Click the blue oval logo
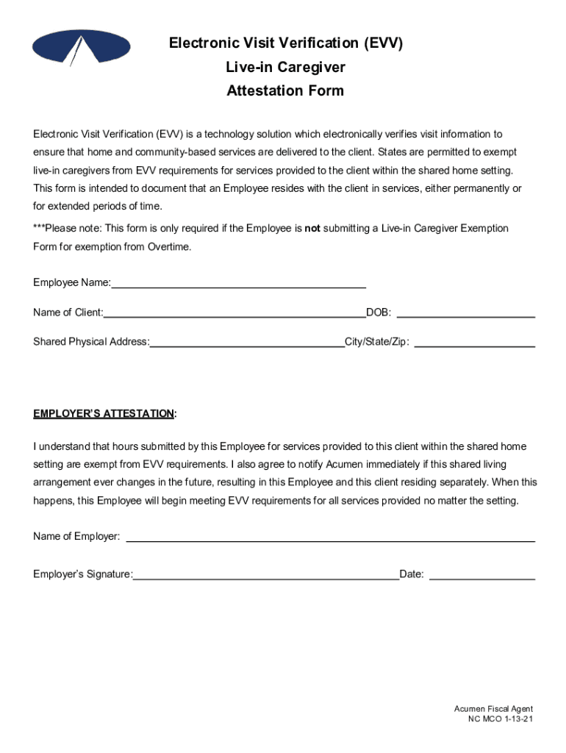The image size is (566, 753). coord(81,46)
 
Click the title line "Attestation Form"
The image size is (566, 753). coord(285,91)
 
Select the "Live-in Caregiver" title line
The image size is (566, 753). coord(285,68)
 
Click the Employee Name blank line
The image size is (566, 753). coord(238,283)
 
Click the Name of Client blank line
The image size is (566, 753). coord(234,313)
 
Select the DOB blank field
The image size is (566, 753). coord(465,313)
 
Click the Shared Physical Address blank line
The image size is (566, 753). coord(247,343)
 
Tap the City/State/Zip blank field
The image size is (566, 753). coord(475,343)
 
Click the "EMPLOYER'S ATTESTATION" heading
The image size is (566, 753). coord(104,414)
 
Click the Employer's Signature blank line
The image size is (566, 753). coord(266,575)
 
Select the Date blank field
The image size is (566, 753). coord(481,575)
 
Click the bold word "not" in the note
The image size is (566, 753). coord(312,229)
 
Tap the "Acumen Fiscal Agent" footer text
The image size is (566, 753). coord(493,709)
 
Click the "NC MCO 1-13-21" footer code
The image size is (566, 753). coord(500,719)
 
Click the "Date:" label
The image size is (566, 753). coord(412,575)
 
